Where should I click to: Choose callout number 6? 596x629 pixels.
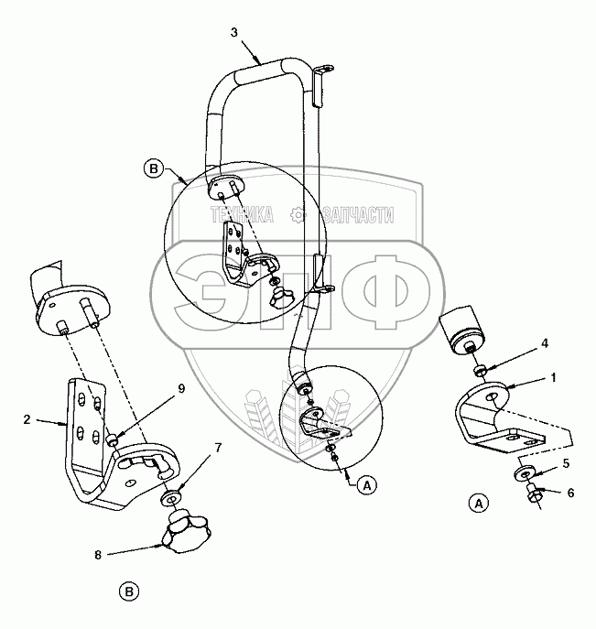click(x=571, y=493)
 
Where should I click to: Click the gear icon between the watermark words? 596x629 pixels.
click(x=296, y=215)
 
